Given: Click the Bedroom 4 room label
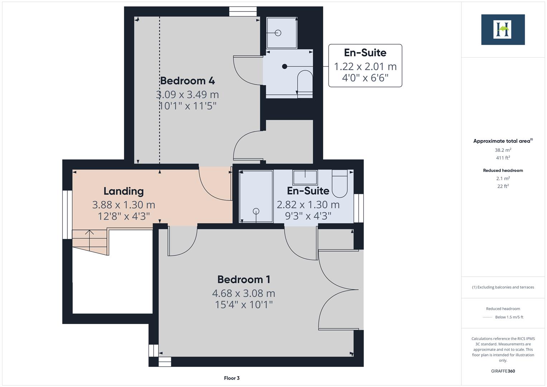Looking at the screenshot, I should click(x=187, y=81).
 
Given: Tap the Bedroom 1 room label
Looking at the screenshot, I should click(x=244, y=279).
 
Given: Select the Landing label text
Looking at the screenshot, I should click(x=124, y=191).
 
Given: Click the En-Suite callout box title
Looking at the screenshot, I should click(x=365, y=53).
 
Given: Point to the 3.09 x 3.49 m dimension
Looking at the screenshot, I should click(x=187, y=95).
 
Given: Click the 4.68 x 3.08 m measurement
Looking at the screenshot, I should click(x=244, y=293).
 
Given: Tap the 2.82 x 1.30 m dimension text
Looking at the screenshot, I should click(x=308, y=205).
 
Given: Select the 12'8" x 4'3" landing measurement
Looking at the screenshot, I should click(x=124, y=216).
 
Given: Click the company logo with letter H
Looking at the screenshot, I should click(x=503, y=29).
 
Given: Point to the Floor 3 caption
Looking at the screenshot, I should click(x=232, y=378).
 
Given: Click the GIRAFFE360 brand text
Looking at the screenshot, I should click(x=503, y=371).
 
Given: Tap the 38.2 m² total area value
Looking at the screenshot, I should click(x=503, y=150).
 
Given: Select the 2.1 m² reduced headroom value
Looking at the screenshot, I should click(x=503, y=178).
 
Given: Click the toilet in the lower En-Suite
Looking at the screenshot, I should click(x=340, y=183).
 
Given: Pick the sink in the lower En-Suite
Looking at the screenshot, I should click(x=305, y=177).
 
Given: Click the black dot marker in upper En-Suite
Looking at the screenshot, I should click(x=284, y=66).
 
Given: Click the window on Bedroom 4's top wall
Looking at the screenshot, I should click(x=243, y=12).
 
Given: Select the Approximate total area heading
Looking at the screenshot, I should click(x=503, y=141).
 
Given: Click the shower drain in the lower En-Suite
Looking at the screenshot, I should click(x=256, y=211).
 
